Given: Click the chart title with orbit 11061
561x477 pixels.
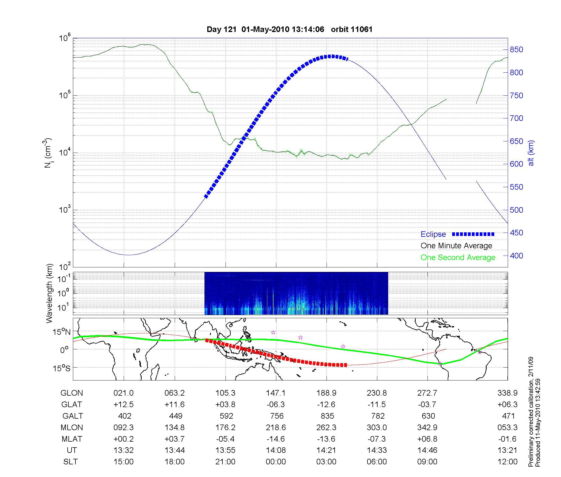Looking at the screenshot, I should click(x=289, y=29).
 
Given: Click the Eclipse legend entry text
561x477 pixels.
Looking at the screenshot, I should click(x=433, y=234).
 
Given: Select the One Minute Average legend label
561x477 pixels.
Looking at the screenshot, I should click(x=456, y=246).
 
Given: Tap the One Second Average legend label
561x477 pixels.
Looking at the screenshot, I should click(x=458, y=258).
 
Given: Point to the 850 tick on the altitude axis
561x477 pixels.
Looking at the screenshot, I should click(x=516, y=50).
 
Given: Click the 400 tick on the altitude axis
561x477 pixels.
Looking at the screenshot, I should click(x=516, y=256).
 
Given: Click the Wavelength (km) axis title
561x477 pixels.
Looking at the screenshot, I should click(x=49, y=293).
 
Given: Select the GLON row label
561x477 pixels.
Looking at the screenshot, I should click(x=72, y=393).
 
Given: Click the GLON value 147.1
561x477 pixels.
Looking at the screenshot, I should click(x=276, y=393).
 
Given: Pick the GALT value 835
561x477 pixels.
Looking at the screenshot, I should click(x=327, y=416).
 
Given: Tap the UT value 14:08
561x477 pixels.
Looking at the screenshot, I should click(x=276, y=450).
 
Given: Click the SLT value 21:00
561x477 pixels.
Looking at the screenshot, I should click(x=225, y=462).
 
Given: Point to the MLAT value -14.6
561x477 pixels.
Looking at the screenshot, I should click(x=276, y=439).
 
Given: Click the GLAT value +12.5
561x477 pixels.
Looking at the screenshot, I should click(x=123, y=405).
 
